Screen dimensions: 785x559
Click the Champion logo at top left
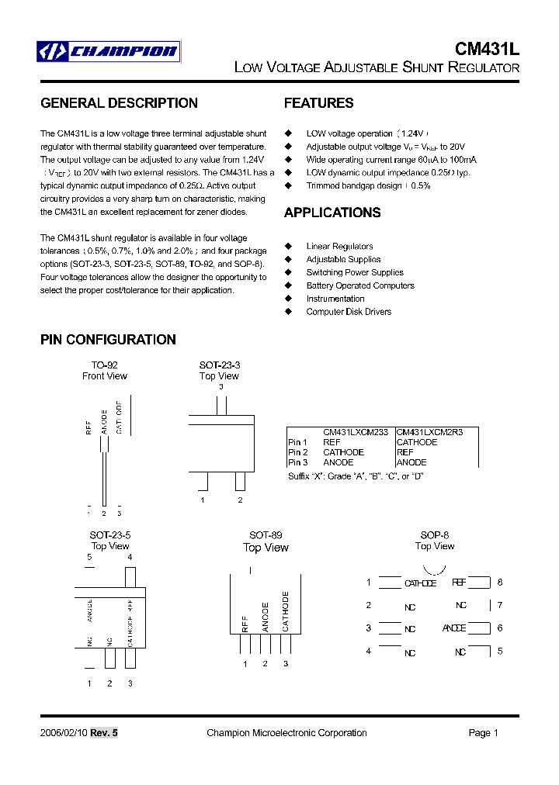click(x=109, y=52)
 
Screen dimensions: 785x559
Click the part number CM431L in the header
click(x=487, y=48)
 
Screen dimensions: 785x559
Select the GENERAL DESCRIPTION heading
click(x=119, y=103)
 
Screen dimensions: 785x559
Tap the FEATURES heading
click(x=318, y=103)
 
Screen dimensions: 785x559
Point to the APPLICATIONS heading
click(x=332, y=213)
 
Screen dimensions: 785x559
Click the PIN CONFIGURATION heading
click(x=108, y=340)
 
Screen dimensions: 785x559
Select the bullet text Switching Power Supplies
click(x=355, y=272)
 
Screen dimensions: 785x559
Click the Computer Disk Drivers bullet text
click(x=349, y=312)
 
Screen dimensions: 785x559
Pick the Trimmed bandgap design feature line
click(x=368, y=186)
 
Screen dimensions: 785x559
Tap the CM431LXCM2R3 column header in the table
click(x=429, y=432)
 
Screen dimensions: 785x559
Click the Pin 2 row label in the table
click(x=298, y=452)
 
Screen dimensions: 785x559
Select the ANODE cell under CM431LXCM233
click(x=338, y=462)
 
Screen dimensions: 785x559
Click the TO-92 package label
click(x=104, y=365)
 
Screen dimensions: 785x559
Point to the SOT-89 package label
click(x=266, y=535)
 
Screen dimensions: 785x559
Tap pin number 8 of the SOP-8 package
click(x=500, y=582)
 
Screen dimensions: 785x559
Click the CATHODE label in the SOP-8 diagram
click(x=420, y=583)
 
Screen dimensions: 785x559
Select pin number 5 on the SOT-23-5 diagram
click(x=89, y=557)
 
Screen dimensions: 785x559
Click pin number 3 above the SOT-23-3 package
click(x=220, y=386)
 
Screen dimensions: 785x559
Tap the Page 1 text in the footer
click(x=483, y=733)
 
